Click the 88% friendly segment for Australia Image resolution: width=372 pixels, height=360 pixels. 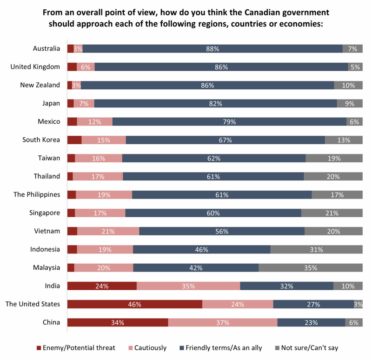(x=213, y=48)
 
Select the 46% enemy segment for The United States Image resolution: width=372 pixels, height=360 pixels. (x=135, y=304)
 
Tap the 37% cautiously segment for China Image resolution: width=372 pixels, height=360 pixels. (x=223, y=322)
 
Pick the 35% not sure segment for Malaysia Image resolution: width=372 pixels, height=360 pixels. (x=311, y=267)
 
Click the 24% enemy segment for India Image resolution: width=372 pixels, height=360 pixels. (x=102, y=286)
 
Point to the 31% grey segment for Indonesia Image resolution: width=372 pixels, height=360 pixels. (x=317, y=249)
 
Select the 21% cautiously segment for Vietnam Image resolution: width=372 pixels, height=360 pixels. (x=108, y=231)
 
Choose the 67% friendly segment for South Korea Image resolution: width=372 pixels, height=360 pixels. (x=226, y=140)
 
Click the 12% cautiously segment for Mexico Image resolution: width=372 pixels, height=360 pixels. (x=95, y=122)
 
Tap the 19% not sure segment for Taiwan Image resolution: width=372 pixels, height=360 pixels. (x=334, y=158)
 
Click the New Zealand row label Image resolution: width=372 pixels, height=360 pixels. (x=40, y=85)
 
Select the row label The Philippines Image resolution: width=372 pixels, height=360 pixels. (x=37, y=194)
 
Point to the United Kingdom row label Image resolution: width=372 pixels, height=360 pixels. (x=35, y=67)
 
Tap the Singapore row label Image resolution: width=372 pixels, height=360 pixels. (x=43, y=213)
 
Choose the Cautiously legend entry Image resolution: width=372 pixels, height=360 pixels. (x=150, y=347)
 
